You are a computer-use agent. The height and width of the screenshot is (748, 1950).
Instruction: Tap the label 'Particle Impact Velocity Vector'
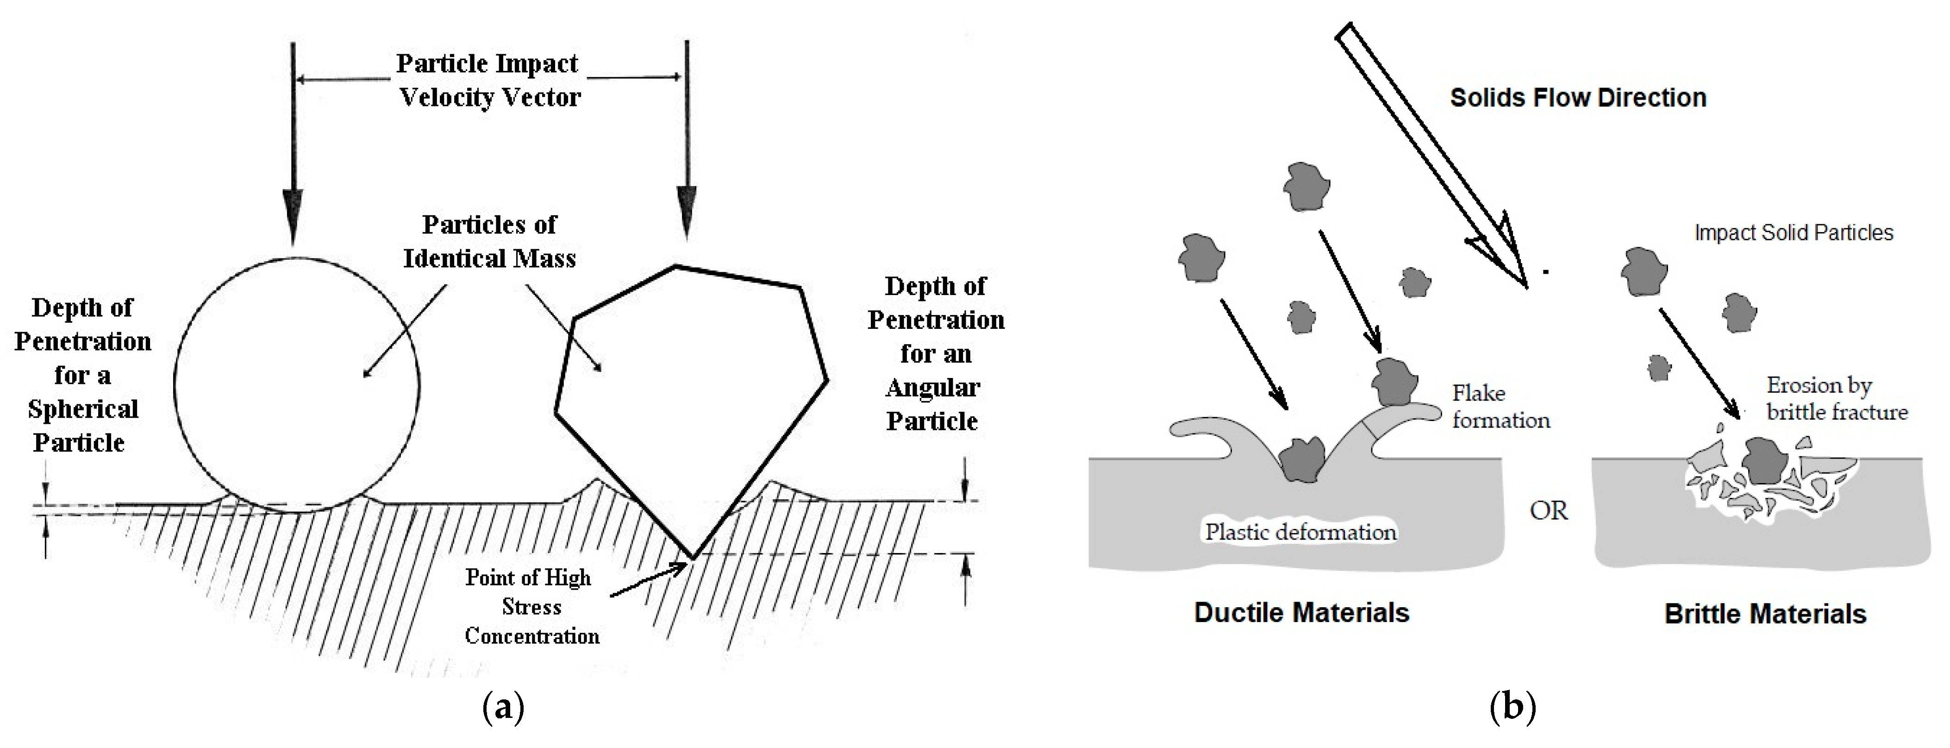click(488, 80)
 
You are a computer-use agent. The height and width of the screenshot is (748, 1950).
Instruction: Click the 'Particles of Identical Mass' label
click(489, 241)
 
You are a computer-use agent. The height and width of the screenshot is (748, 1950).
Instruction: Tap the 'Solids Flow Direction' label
click(1578, 98)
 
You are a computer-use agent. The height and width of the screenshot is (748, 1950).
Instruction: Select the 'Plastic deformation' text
click(1300, 532)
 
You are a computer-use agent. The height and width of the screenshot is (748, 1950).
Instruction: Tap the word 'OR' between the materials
click(1548, 511)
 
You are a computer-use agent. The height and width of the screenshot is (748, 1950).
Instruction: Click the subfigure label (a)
click(503, 708)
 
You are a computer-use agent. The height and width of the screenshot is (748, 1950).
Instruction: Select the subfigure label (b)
click(1512, 708)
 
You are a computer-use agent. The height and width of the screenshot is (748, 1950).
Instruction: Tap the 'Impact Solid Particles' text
click(1793, 233)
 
